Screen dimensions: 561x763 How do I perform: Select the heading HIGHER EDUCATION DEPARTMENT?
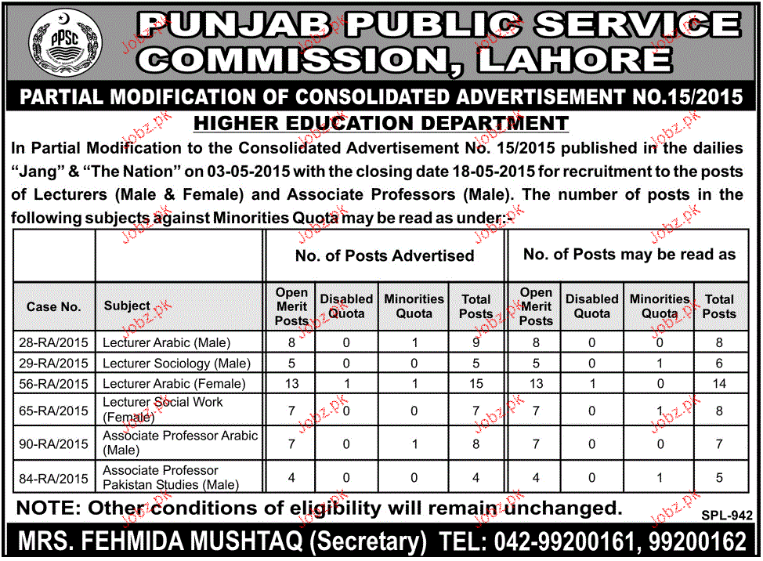[x=381, y=123]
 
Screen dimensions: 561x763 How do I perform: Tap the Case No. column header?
[x=53, y=306]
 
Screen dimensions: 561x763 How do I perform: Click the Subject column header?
[x=127, y=306]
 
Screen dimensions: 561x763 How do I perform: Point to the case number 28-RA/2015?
[x=53, y=342]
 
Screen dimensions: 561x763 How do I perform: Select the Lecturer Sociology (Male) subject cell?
[x=177, y=363]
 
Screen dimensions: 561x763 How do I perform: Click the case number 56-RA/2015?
[x=53, y=383]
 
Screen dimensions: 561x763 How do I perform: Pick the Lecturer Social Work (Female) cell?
[x=163, y=409]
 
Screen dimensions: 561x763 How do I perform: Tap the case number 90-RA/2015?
[x=53, y=443]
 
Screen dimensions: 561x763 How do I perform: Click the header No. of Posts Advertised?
[x=384, y=255]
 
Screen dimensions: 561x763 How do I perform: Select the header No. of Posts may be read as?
[x=629, y=254]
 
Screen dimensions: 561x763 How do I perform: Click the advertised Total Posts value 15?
[x=476, y=383]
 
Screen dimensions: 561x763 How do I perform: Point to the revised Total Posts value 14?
[x=718, y=383]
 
